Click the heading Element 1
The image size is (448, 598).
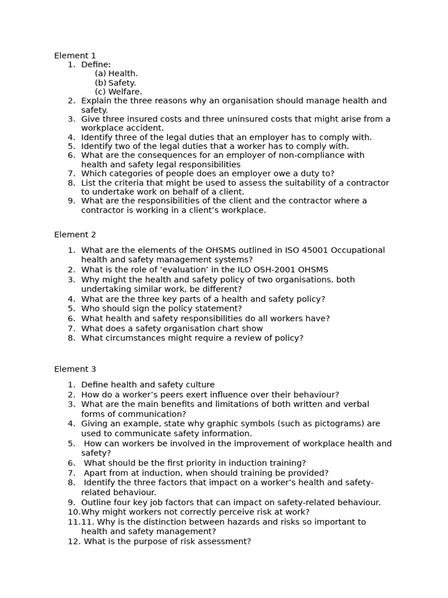point(75,55)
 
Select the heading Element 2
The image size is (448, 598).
point(75,235)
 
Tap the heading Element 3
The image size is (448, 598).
point(75,369)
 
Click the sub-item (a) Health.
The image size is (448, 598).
point(116,74)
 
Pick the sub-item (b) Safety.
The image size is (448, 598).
point(115,83)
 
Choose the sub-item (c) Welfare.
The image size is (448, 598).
point(118,92)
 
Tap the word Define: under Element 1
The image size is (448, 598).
point(96,64)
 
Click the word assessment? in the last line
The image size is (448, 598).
point(225,541)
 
